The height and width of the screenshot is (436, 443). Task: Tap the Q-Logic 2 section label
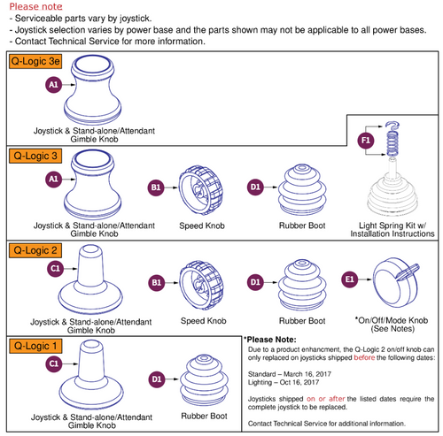tap(35, 250)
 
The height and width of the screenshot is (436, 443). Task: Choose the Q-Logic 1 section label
tap(35, 344)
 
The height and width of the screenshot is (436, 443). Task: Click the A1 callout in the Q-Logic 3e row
tap(52, 85)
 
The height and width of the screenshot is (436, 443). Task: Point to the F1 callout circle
tap(365, 141)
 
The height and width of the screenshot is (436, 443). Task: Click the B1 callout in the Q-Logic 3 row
tap(156, 187)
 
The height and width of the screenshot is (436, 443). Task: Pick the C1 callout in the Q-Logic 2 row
tap(54, 267)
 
